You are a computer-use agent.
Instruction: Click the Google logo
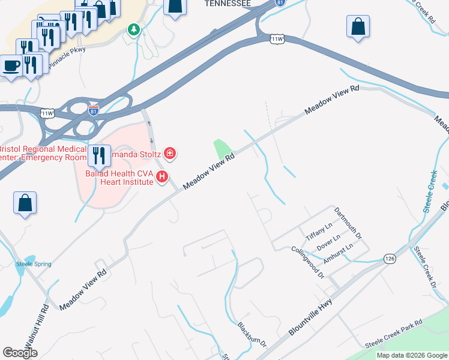coord(20,353)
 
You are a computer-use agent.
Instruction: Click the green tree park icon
coord(133,29)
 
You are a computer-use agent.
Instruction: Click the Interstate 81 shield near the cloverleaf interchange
coord(93,111)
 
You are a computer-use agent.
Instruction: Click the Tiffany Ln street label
coord(319,229)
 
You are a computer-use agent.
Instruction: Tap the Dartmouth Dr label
coord(348,224)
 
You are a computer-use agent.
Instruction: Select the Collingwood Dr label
coord(307,262)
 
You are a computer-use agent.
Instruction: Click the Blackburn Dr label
coord(252,335)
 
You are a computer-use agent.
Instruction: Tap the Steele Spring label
coord(34,264)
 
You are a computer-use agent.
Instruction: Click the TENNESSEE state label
coord(228,4)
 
